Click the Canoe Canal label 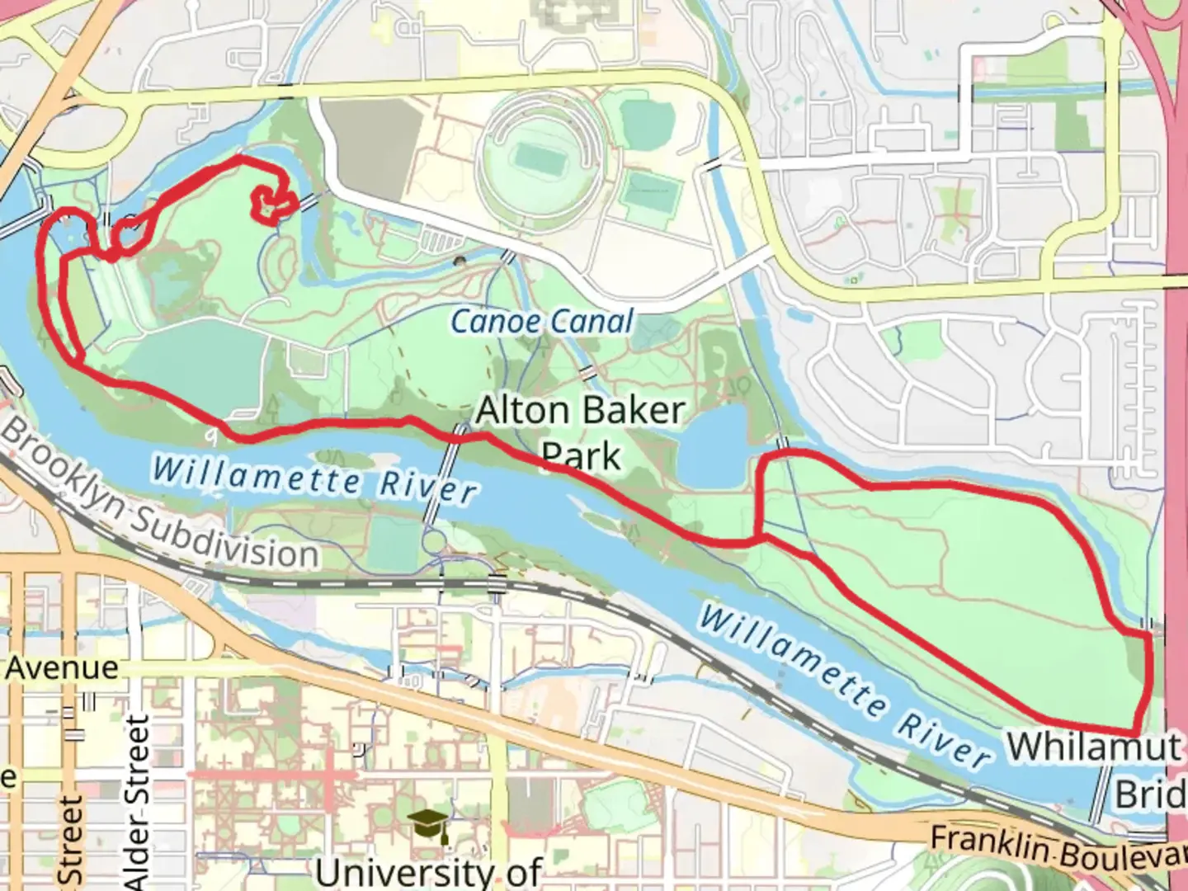[542, 321]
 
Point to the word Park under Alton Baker [582, 456]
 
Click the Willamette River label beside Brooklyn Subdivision [314, 478]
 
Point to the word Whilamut [1092, 747]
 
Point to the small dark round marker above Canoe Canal [460, 262]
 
